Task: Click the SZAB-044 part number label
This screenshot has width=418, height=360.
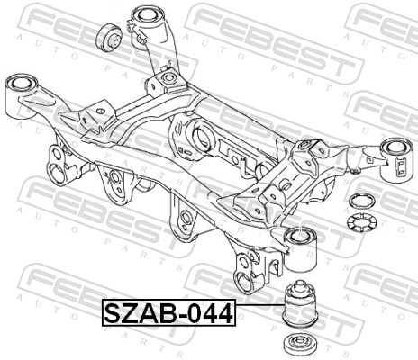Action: pos(169,312)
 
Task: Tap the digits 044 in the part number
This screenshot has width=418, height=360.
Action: pos(211,313)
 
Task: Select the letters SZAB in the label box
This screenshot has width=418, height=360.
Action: pos(142,313)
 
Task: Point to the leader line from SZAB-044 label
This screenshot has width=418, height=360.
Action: pos(260,304)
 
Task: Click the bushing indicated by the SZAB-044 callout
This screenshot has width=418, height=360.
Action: pos(300,304)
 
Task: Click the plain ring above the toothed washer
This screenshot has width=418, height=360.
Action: pos(361,201)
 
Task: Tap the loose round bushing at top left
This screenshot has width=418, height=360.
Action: pos(109,38)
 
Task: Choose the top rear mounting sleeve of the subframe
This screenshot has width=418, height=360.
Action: pos(149,24)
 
